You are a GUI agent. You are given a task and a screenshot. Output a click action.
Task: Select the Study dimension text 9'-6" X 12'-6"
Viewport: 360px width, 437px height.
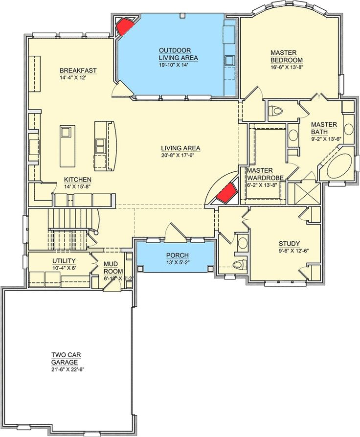(x=289, y=251)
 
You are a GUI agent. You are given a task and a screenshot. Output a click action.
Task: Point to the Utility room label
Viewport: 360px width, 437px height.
(x=64, y=261)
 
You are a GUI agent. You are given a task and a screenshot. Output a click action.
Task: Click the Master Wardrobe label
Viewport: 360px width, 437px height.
(x=265, y=174)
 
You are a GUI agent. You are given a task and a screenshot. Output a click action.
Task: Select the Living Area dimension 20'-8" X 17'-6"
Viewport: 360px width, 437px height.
(x=181, y=155)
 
